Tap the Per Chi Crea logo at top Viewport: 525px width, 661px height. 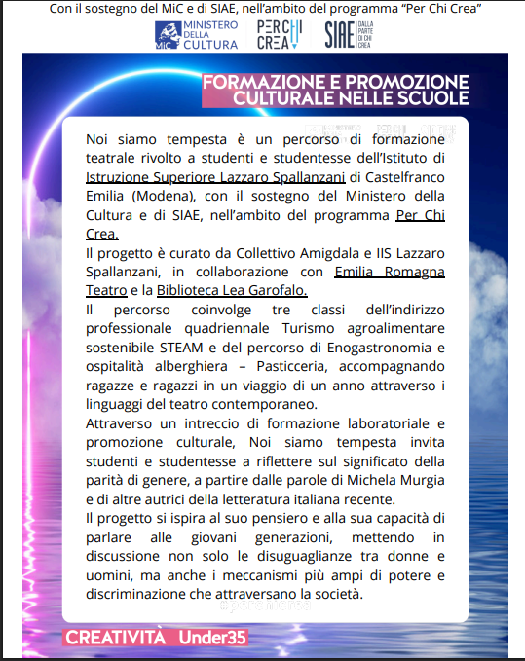point(280,36)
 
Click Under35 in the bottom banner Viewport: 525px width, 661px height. point(212,638)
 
